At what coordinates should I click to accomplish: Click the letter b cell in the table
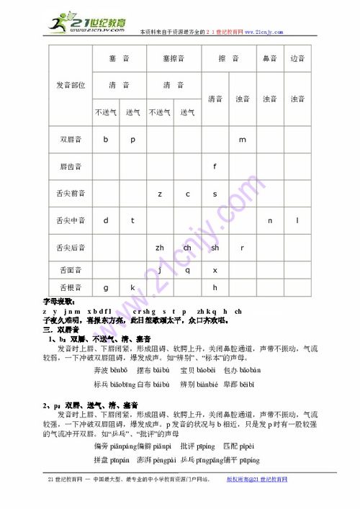[x=106, y=139]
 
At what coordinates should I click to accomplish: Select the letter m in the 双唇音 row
[x=243, y=139]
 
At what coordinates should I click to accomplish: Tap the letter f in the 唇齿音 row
[x=215, y=166]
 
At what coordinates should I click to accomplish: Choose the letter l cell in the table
[x=297, y=220]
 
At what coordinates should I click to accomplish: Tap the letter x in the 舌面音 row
[x=215, y=271]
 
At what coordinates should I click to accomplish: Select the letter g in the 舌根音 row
[x=106, y=287]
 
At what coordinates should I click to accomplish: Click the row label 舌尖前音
[x=71, y=193]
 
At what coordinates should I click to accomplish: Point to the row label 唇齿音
[x=71, y=166]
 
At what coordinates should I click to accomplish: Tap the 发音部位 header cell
[x=71, y=85]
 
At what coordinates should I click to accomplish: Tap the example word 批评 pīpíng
[x=196, y=446]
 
